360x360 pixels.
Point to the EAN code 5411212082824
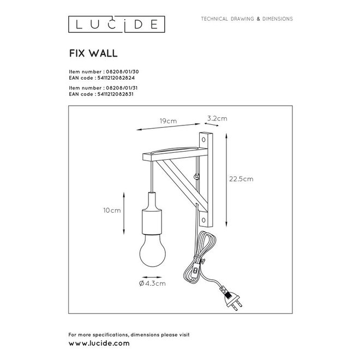pyautogui.click(x=116, y=78)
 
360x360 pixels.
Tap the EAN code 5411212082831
pyautogui.click(x=116, y=94)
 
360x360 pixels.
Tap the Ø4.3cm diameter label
pyautogui.click(x=152, y=284)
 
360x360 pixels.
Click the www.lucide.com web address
pyautogui.click(x=99, y=345)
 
